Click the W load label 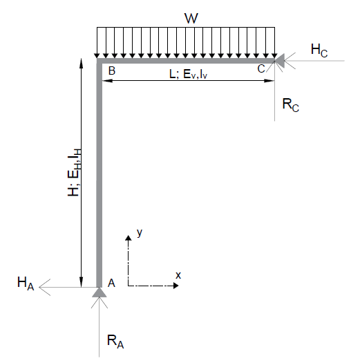coord(191,18)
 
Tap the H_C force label coord(319,50)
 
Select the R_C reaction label coord(291,105)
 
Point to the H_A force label coord(26,283)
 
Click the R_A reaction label coord(115,342)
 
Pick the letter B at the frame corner coord(112,71)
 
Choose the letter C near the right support coord(261,68)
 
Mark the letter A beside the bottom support coord(111,283)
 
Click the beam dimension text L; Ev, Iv coord(189,74)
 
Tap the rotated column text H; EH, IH coord(74,172)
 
